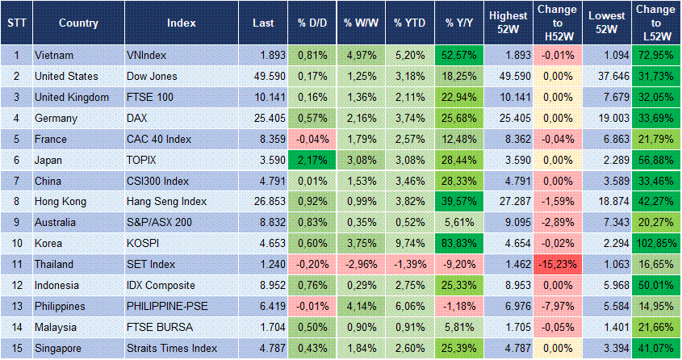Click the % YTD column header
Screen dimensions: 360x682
(409, 23)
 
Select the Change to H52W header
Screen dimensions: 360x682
(557, 23)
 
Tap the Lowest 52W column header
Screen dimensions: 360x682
(606, 23)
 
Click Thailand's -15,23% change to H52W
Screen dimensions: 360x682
(557, 264)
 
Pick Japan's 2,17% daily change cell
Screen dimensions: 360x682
(310, 160)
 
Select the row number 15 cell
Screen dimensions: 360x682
(15, 348)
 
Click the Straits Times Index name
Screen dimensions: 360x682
(172, 348)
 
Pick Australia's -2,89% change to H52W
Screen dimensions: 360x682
(557, 222)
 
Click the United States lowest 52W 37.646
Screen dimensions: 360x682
(606, 77)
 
